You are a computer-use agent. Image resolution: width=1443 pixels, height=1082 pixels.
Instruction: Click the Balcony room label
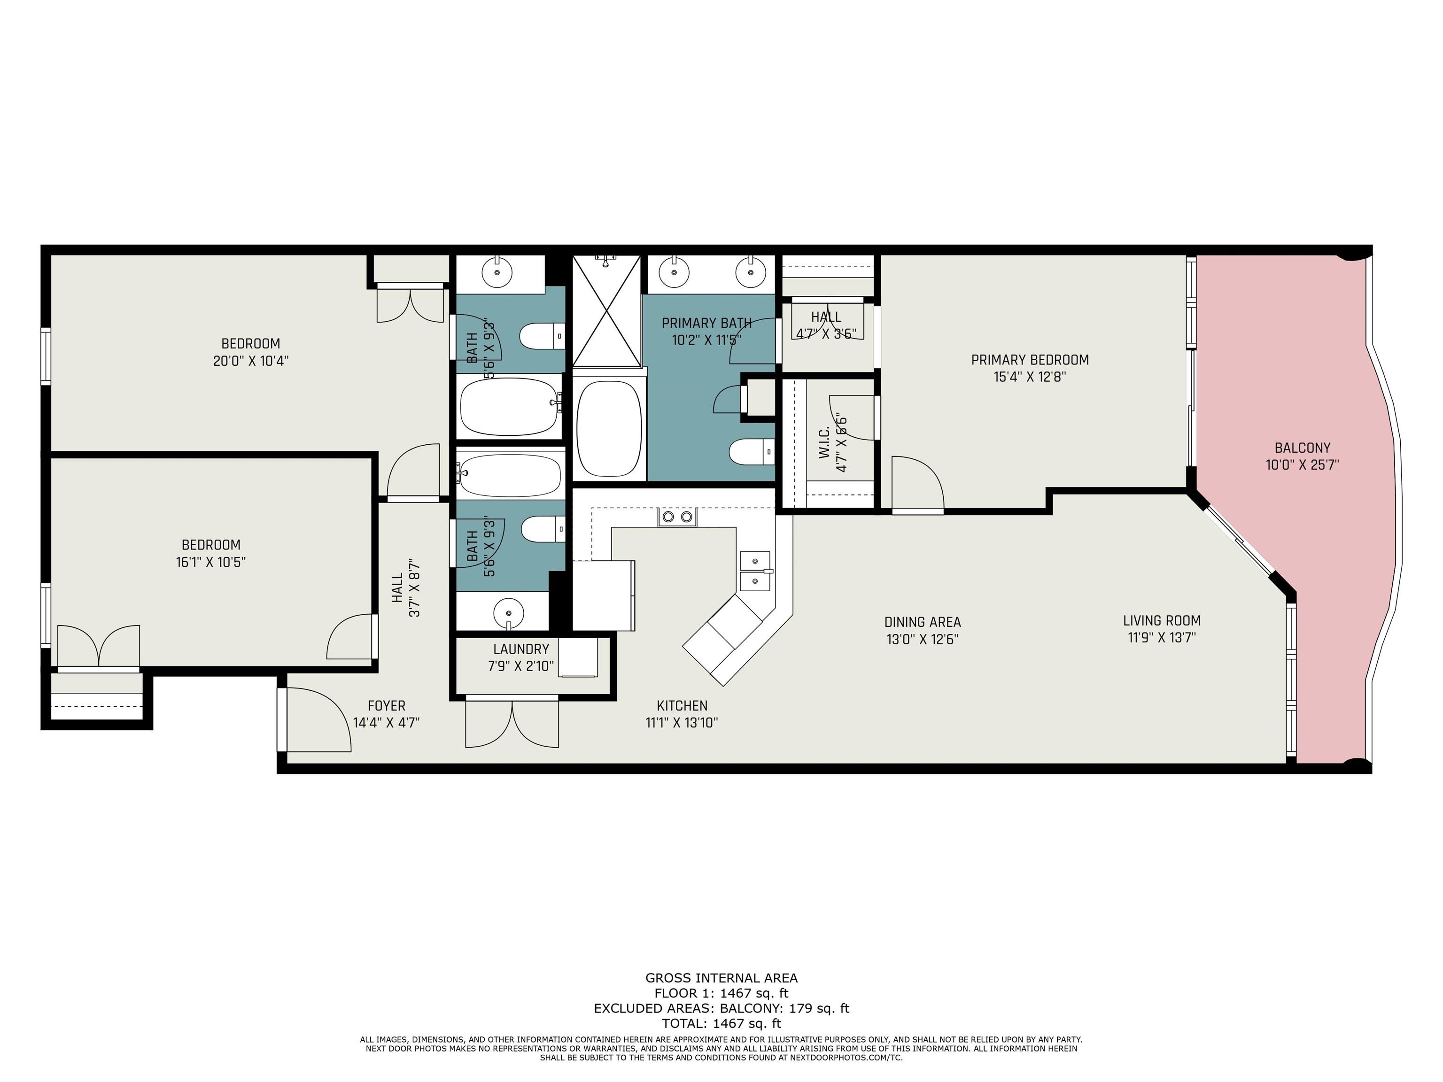point(1302,448)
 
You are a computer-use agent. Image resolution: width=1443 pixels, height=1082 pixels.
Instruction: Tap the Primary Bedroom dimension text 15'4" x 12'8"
point(1030,377)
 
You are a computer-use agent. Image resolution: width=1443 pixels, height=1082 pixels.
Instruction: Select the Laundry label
point(520,649)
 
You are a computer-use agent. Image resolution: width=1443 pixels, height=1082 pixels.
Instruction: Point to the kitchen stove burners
point(677,517)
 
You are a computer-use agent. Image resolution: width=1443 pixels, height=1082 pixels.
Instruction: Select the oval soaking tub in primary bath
point(609,428)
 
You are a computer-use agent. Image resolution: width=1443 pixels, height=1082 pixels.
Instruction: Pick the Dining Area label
point(923,622)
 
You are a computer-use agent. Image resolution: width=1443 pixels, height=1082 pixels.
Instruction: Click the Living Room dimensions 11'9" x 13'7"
point(1162,638)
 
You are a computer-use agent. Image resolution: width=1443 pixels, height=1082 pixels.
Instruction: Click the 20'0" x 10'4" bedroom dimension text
point(250,361)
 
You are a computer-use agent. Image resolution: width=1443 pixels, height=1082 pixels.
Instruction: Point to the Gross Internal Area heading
point(721,978)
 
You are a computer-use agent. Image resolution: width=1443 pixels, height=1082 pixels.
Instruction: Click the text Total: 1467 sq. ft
point(721,1023)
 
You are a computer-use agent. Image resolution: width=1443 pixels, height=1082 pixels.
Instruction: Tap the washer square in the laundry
point(578,657)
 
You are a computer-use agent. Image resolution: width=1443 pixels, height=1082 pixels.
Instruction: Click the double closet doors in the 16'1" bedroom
point(99,646)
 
